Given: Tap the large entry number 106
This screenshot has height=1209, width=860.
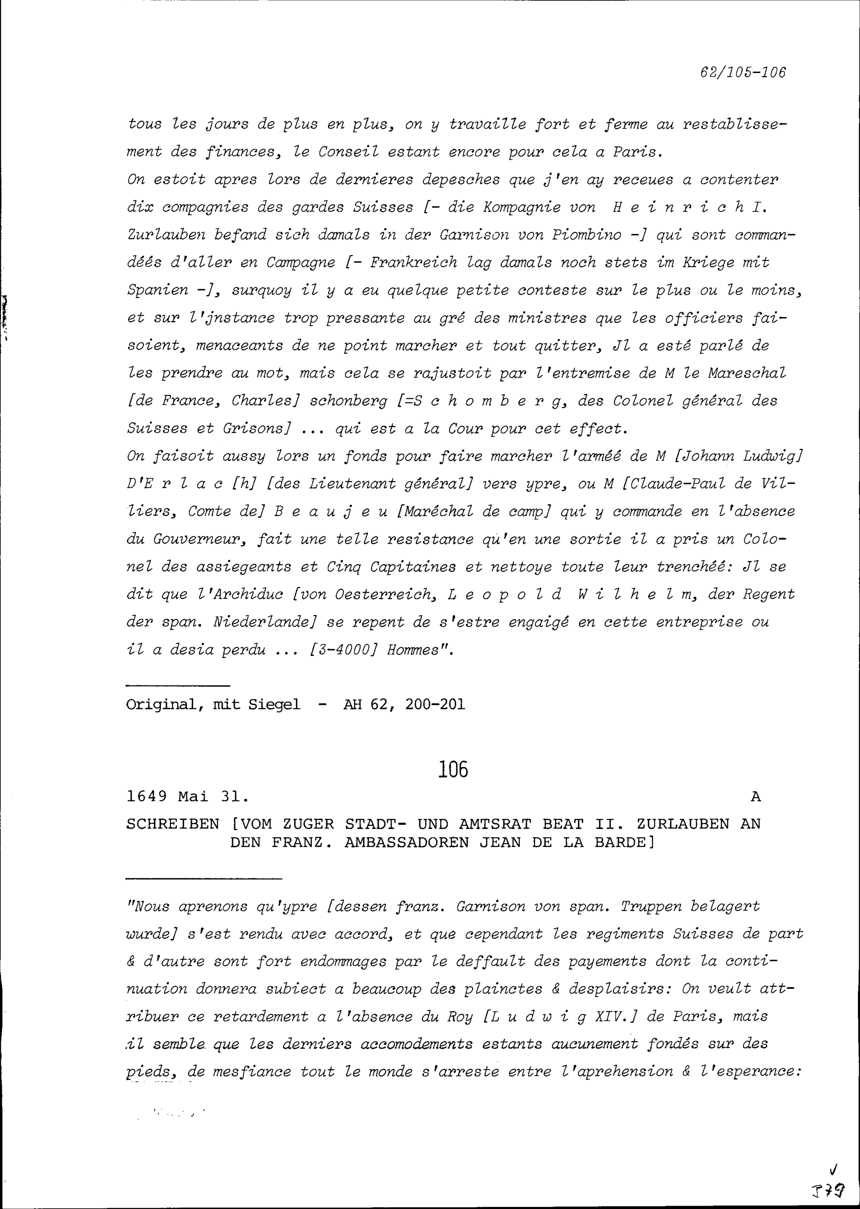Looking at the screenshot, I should click(454, 769).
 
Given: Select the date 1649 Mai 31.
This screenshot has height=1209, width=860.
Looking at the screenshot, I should click(187, 796).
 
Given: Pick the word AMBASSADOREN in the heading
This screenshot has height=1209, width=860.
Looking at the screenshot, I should click(406, 842).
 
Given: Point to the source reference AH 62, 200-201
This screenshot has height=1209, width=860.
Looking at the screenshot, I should click(404, 704).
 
